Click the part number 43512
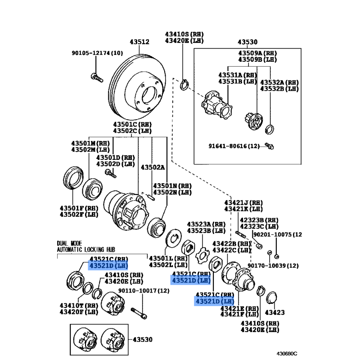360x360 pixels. (x=139, y=42)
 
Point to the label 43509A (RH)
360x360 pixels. (x=257, y=53)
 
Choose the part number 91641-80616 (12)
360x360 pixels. (x=234, y=146)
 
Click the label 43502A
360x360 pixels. (x=153, y=167)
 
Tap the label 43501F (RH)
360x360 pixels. (x=78, y=208)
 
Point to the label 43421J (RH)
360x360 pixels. (x=243, y=202)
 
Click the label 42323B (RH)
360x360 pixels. (x=258, y=220)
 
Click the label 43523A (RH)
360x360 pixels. (x=206, y=224)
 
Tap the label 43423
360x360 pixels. (x=275, y=312)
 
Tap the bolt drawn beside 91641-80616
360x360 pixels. (x=270, y=146)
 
